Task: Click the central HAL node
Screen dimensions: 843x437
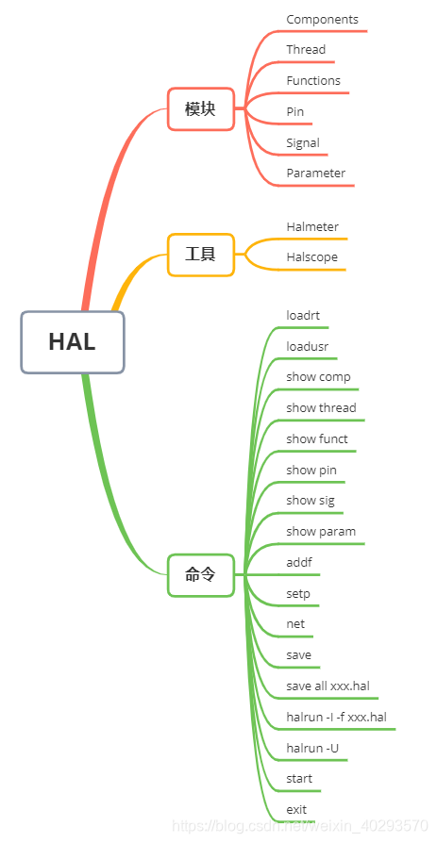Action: click(73, 341)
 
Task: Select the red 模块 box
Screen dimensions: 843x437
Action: click(200, 108)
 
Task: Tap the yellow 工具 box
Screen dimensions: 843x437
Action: click(200, 254)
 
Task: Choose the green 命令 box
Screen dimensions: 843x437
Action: click(200, 574)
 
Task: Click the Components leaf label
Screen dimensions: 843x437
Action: click(322, 19)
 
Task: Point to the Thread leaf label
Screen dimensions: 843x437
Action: click(306, 49)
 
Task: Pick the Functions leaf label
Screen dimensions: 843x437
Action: click(313, 80)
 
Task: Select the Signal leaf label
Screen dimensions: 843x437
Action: click(303, 142)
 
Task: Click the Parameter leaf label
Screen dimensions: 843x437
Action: click(315, 173)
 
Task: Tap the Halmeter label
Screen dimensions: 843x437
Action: click(312, 226)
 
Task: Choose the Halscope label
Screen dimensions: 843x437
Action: click(311, 256)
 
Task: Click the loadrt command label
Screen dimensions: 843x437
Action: click(303, 315)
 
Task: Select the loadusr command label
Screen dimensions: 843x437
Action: click(307, 346)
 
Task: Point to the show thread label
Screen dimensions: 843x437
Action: click(321, 407)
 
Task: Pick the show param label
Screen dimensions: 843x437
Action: click(321, 531)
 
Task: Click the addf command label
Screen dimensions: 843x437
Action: click(299, 562)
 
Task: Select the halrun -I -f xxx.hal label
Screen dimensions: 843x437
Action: click(336, 717)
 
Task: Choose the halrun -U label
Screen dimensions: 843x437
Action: click(312, 748)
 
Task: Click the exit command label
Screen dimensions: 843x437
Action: click(296, 809)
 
